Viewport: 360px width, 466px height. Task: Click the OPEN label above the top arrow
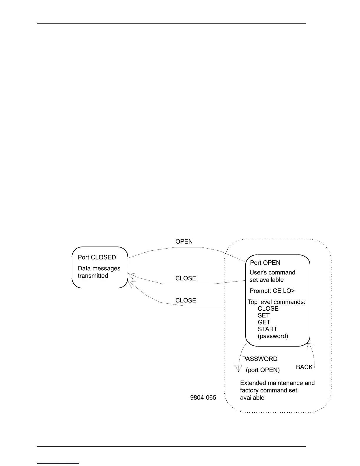click(x=184, y=242)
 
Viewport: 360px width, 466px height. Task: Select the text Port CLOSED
click(x=97, y=257)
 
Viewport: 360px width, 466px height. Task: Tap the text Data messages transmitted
click(x=99, y=272)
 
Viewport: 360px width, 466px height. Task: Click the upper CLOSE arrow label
click(x=186, y=278)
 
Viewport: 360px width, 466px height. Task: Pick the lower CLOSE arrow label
click(x=186, y=300)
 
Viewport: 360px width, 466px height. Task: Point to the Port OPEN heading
click(x=265, y=263)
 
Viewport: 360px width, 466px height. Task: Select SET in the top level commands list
click(x=264, y=315)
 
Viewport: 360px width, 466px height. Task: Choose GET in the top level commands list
click(x=264, y=322)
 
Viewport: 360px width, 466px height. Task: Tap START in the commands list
click(x=267, y=329)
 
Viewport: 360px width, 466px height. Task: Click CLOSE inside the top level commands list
click(x=268, y=309)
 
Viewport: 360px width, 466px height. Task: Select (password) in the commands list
click(x=273, y=336)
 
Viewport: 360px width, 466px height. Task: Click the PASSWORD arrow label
click(x=259, y=359)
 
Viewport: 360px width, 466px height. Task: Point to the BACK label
click(x=304, y=367)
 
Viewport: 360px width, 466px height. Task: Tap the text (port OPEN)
click(x=263, y=370)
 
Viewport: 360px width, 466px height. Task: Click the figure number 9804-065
click(x=203, y=398)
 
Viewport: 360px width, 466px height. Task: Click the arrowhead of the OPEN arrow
click(x=244, y=260)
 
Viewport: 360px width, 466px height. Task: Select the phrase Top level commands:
click(x=276, y=302)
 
